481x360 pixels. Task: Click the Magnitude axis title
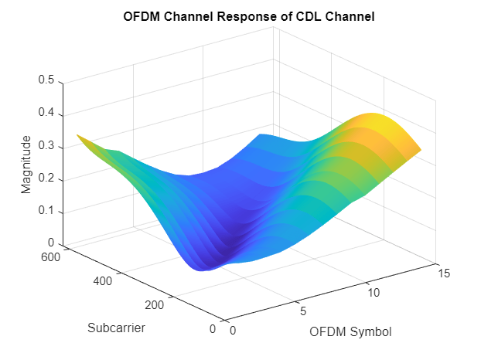[26, 164]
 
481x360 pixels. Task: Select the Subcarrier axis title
[117, 328]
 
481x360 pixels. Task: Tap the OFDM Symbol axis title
[350, 332]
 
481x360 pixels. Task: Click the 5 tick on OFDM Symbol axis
[302, 312]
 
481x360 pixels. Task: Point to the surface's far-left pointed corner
[77, 135]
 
